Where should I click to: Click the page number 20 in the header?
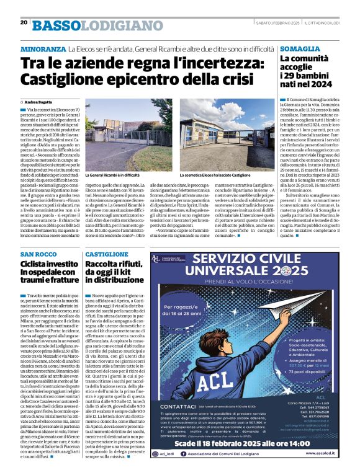point(24,22)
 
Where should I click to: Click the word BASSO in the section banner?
point(57,25)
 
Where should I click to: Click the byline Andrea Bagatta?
point(38,101)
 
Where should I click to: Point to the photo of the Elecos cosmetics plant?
point(224,135)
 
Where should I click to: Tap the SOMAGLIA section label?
point(300,48)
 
